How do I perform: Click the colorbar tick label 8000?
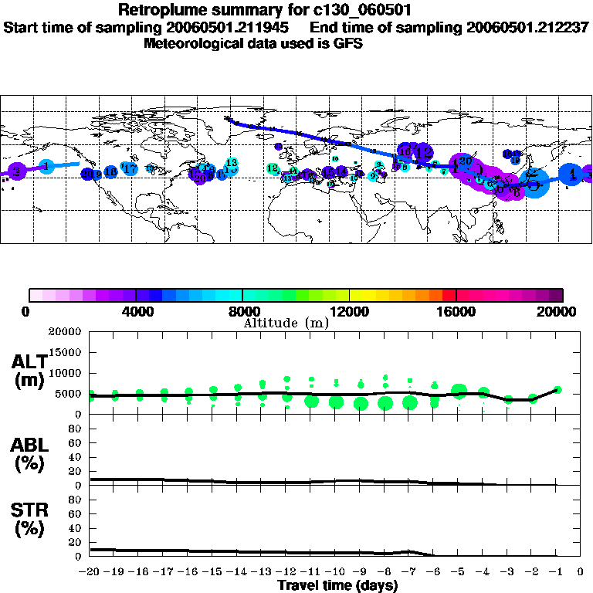click(x=242, y=311)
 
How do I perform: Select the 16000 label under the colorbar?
click(x=456, y=311)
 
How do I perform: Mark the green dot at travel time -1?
click(x=557, y=390)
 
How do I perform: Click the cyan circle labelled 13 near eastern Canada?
click(x=230, y=163)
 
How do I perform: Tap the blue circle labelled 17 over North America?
click(x=130, y=168)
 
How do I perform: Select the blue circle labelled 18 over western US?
click(x=110, y=171)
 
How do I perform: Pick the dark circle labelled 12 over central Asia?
click(x=424, y=151)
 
